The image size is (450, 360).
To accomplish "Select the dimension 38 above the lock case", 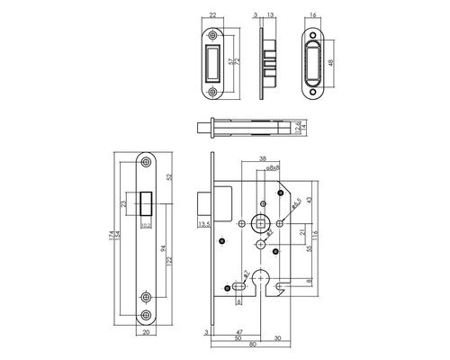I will point(262,158).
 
